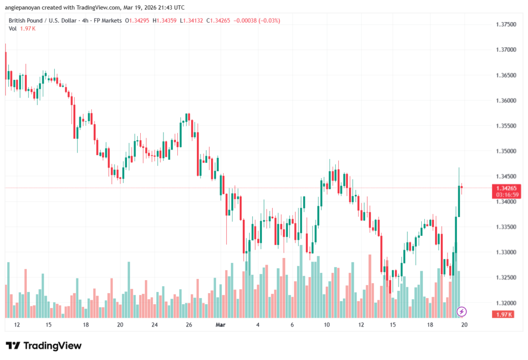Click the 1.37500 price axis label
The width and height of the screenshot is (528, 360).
coord(505,24)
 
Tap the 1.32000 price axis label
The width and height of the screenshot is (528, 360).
coord(505,303)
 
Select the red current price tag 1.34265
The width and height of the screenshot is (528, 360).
coord(505,188)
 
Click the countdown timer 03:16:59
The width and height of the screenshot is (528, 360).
coord(505,195)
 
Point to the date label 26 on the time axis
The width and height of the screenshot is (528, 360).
coord(189,325)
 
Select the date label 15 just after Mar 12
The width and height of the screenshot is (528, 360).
coord(393,325)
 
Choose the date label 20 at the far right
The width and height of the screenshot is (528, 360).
coord(464,325)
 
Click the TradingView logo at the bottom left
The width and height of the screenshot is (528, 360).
coord(44,346)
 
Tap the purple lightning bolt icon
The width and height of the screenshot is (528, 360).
coord(462,312)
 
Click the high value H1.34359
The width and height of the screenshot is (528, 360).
coord(168,20)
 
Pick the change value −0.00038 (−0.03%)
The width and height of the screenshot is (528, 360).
coord(258,20)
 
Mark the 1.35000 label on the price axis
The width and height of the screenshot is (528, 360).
coord(505,151)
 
